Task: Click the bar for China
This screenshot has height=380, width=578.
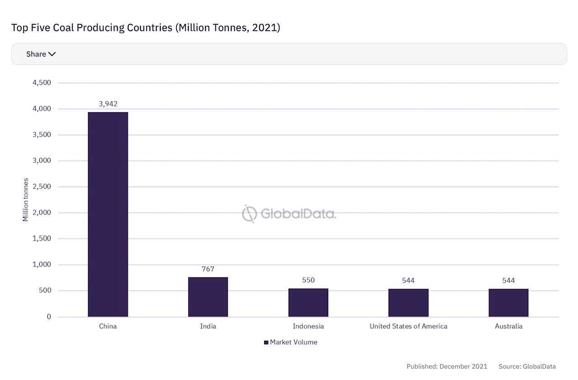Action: pyautogui.click(x=108, y=214)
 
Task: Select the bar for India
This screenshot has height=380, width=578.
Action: pyautogui.click(x=208, y=297)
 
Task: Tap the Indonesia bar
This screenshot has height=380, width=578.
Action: pyautogui.click(x=308, y=302)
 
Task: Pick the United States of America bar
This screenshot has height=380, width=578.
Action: pyautogui.click(x=408, y=303)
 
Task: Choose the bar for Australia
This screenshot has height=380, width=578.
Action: pyautogui.click(x=508, y=303)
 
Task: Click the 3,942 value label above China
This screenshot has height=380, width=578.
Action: pyautogui.click(x=108, y=103)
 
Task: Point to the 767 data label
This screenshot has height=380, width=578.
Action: pyautogui.click(x=208, y=269)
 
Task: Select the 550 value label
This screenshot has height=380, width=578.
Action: pyautogui.click(x=308, y=280)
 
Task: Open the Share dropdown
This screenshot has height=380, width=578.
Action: pyautogui.click(x=41, y=54)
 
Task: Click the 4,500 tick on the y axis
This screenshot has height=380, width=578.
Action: pyautogui.click(x=42, y=83)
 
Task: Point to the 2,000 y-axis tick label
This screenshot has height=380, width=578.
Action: pyautogui.click(x=42, y=213)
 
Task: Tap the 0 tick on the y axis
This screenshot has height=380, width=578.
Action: pyautogui.click(x=48, y=317)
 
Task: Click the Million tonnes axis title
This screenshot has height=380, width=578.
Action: pyautogui.click(x=26, y=200)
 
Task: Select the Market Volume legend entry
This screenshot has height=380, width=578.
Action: pyautogui.click(x=291, y=342)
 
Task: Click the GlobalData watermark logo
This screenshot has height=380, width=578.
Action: pyautogui.click(x=289, y=214)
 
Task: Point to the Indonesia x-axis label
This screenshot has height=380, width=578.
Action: pyautogui.click(x=308, y=326)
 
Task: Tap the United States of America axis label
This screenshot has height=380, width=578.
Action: pyautogui.click(x=408, y=326)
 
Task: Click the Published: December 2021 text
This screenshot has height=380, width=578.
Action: pyautogui.click(x=447, y=366)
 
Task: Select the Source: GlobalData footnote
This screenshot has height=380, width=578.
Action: pyautogui.click(x=527, y=366)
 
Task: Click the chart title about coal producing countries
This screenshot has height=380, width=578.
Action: pyautogui.click(x=146, y=28)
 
